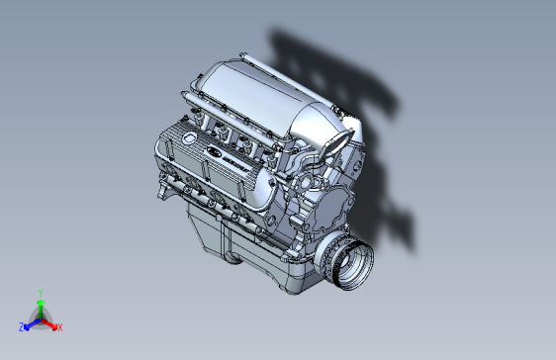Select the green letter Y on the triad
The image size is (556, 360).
pos(40,293)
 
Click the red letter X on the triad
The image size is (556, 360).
pos(59,326)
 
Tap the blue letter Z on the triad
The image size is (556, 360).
pos(21,326)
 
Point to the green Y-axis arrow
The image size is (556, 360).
pos(40,307)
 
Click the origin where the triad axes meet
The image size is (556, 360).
pos(40,318)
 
